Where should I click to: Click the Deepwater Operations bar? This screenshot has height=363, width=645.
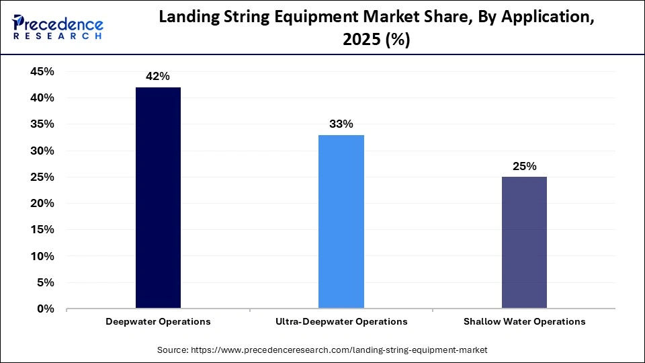(158, 198)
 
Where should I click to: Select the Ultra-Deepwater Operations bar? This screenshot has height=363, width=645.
(341, 222)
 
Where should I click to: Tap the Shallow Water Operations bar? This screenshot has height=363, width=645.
(524, 243)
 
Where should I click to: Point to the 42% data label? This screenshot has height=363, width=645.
(157, 77)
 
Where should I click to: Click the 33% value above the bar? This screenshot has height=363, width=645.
(341, 124)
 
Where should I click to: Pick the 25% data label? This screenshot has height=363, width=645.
(524, 167)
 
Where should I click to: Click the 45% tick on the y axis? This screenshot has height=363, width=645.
(42, 72)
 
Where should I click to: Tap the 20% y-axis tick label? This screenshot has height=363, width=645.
(42, 204)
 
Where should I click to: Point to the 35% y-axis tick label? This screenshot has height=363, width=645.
(42, 124)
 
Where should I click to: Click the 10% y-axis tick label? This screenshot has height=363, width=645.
(42, 257)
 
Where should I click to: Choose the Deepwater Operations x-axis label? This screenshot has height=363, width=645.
(158, 322)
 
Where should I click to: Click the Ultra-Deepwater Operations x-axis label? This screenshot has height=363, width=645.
(341, 322)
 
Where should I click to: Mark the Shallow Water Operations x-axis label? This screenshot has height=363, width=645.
(524, 322)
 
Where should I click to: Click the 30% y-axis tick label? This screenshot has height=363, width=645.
(42, 151)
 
